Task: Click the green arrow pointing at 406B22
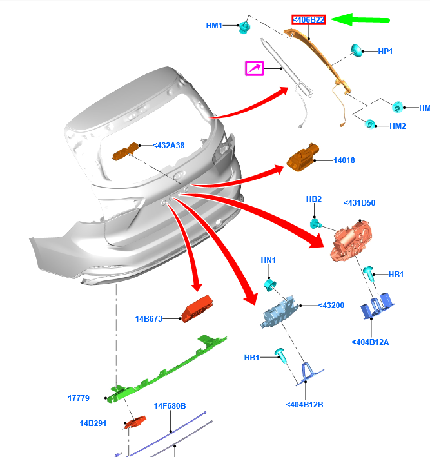[x=365, y=21]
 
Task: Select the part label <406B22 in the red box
[x=309, y=21]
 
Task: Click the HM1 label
[x=214, y=26]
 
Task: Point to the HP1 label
[x=386, y=51]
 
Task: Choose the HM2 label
[x=398, y=126]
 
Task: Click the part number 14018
[x=344, y=160]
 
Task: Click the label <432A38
[x=168, y=146]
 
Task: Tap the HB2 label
[x=314, y=199]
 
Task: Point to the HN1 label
[x=268, y=260]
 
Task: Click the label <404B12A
[x=371, y=342]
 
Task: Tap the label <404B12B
[x=304, y=405]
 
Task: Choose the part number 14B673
[x=148, y=318]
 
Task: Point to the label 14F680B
[x=170, y=406]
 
